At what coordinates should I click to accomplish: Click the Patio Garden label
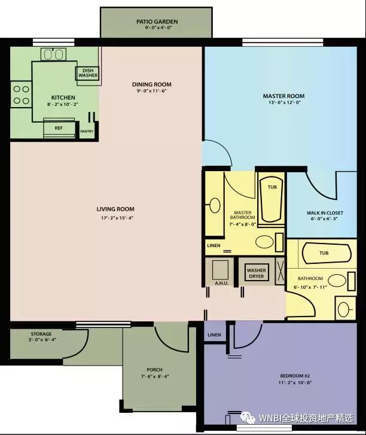(157, 22)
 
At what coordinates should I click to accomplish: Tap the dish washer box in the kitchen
(87, 73)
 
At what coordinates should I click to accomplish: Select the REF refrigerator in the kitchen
(59, 128)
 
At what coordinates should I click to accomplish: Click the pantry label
(87, 131)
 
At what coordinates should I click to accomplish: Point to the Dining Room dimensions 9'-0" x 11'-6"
(152, 91)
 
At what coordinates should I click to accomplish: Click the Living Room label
(115, 209)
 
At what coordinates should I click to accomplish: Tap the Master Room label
(283, 96)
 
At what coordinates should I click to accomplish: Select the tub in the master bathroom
(272, 200)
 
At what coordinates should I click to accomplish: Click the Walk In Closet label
(325, 213)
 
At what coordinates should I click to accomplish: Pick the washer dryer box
(257, 273)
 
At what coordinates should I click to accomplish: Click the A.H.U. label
(221, 283)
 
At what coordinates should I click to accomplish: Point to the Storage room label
(41, 334)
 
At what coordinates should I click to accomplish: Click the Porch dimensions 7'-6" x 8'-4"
(155, 376)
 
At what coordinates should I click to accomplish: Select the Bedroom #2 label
(295, 376)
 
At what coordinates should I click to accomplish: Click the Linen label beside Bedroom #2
(214, 335)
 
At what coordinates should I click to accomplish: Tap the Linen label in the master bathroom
(213, 245)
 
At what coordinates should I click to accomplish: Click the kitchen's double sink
(53, 54)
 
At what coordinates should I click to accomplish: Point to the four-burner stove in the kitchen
(21, 95)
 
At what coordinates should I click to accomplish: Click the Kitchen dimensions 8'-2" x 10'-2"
(63, 104)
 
